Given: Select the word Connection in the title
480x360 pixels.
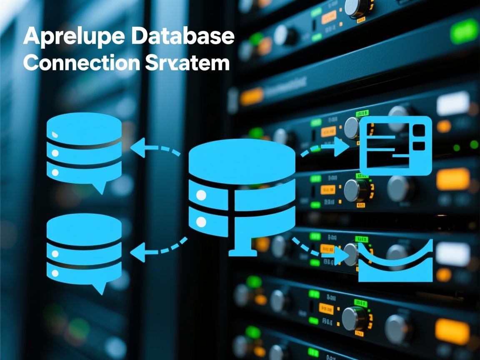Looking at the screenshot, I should coord(81,63).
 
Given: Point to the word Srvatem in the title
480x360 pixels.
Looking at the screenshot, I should coord(187,63).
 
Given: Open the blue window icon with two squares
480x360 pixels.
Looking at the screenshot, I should coord(395,145).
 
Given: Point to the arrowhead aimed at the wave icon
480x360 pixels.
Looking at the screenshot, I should coord(342,256).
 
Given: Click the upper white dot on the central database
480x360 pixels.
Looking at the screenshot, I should coord(201,195).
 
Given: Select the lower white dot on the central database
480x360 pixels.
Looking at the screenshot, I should coord(201,222).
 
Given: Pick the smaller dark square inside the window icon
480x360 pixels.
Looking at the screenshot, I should coord(418,146).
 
